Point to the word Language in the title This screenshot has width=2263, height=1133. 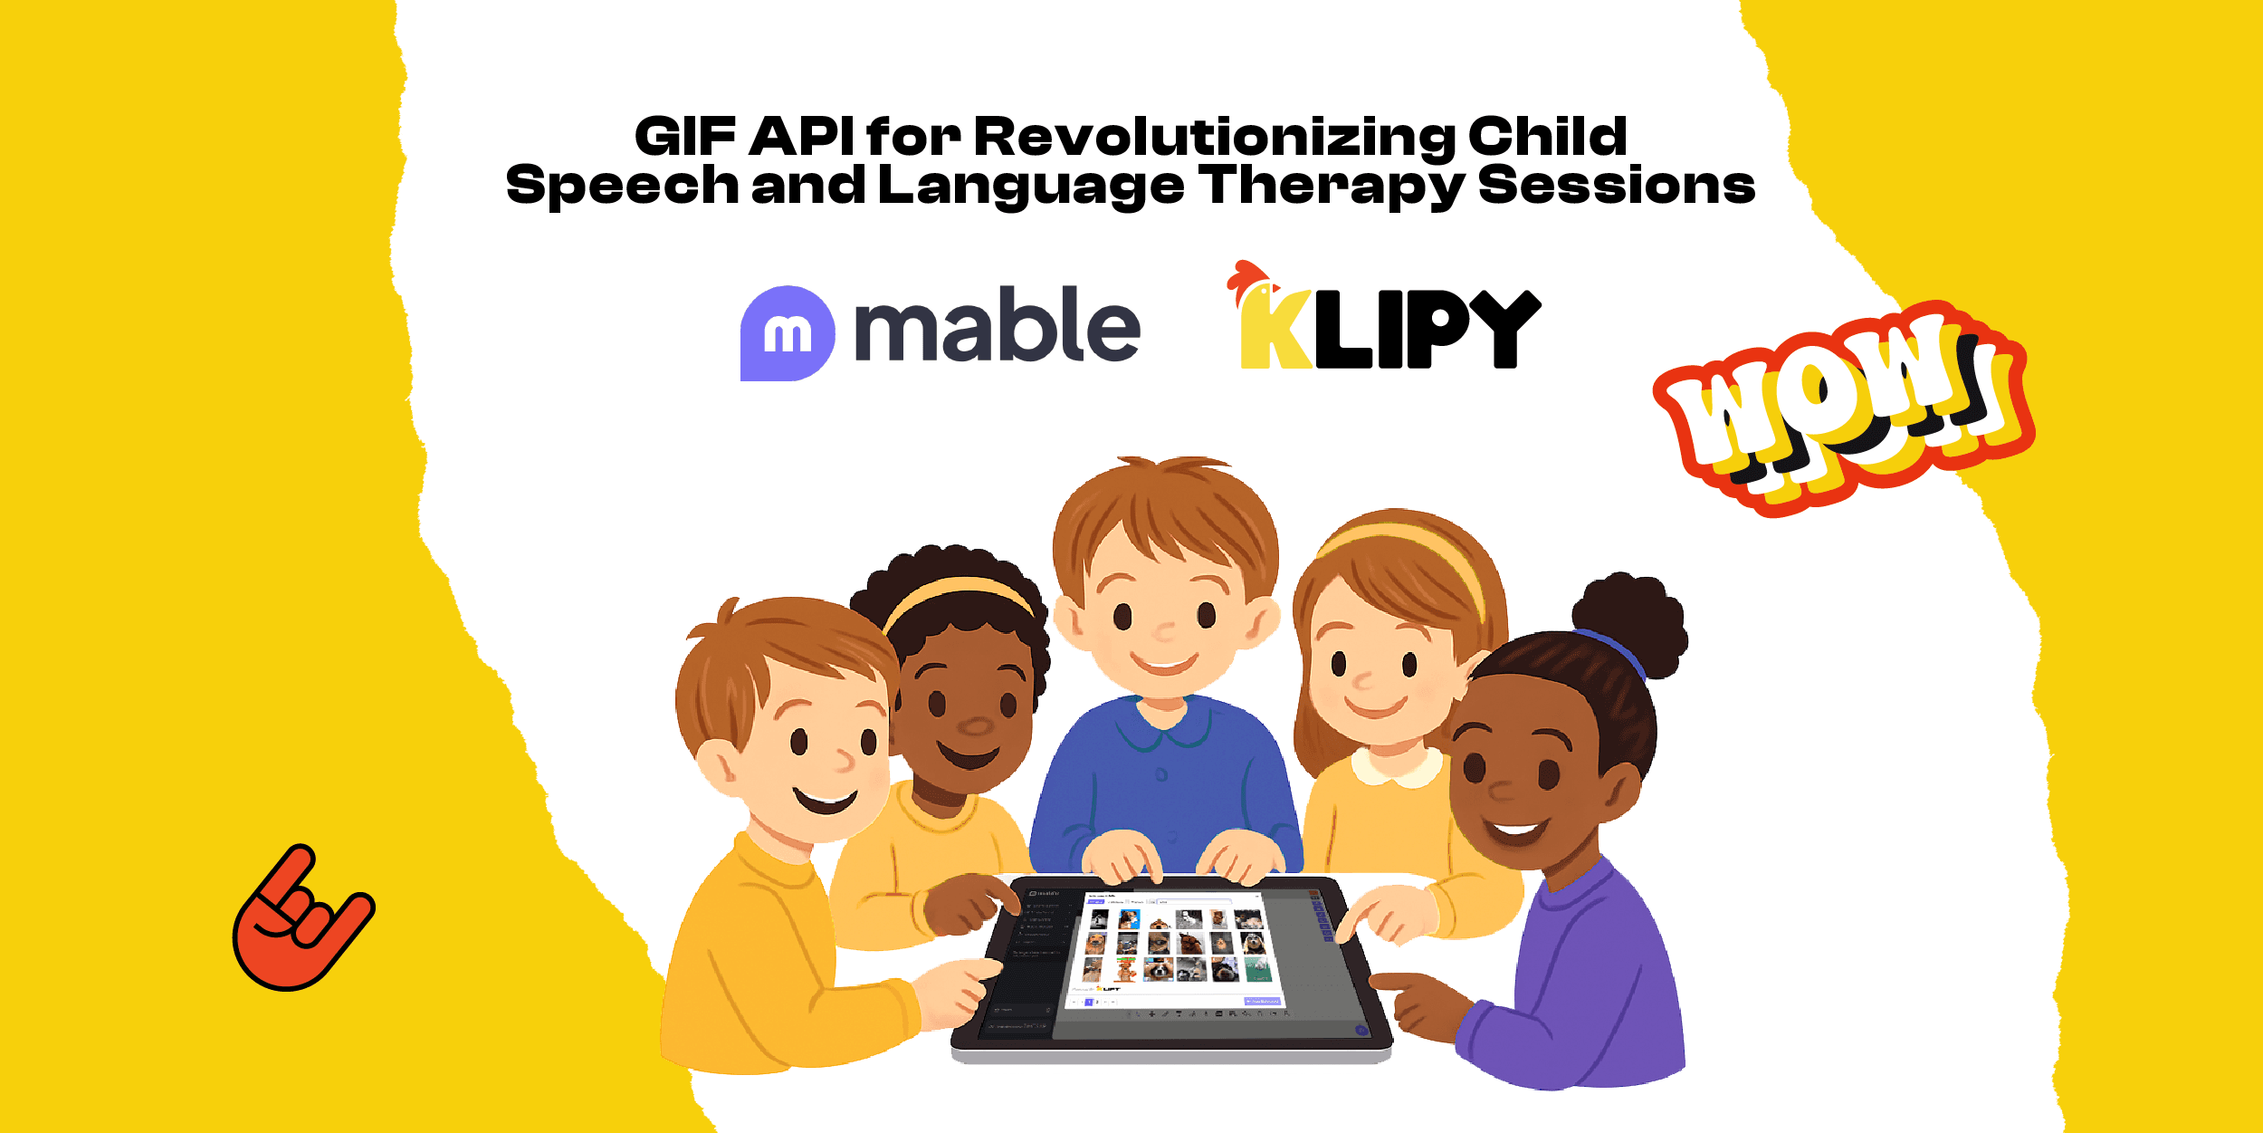point(1030,187)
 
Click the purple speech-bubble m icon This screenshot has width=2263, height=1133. point(787,333)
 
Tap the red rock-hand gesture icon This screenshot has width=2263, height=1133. point(301,920)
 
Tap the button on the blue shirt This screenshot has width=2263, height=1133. point(1161,774)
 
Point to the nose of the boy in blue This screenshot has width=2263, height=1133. point(1164,632)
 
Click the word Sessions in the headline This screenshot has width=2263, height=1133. point(1617,187)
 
